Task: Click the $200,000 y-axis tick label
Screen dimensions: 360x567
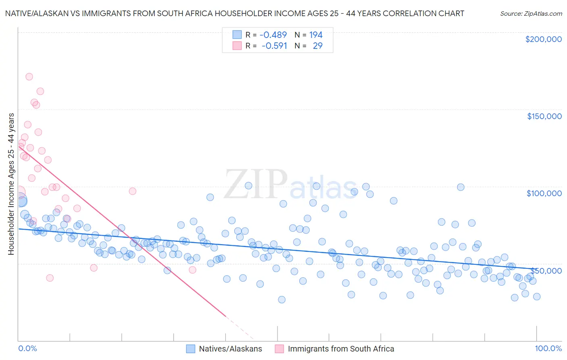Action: tap(543, 39)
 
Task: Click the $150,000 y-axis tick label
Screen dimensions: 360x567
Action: tap(544, 116)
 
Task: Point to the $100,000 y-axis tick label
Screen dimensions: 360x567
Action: tap(544, 193)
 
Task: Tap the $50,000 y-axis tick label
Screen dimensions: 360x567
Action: tap(546, 270)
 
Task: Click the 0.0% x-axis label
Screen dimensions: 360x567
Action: tap(27, 348)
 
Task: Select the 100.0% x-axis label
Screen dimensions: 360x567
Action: tap(548, 348)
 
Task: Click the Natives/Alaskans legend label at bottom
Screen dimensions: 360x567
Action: tap(230, 349)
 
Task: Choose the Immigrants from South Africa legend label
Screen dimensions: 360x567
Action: tap(341, 349)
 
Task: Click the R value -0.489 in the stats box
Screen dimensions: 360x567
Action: tap(273, 35)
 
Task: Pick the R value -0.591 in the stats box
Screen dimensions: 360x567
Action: tap(274, 46)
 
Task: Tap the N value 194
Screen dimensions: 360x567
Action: tap(316, 35)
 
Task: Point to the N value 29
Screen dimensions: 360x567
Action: tap(317, 46)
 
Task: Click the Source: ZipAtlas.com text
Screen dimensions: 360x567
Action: tap(531, 13)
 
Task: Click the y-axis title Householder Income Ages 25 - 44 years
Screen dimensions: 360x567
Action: tap(11, 184)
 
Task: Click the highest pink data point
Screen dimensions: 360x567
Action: tap(29, 77)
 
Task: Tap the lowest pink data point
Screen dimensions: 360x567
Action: tap(50, 278)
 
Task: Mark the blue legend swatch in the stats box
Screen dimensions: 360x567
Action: tap(237, 35)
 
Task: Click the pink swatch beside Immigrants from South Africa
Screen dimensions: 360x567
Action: tap(279, 349)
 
